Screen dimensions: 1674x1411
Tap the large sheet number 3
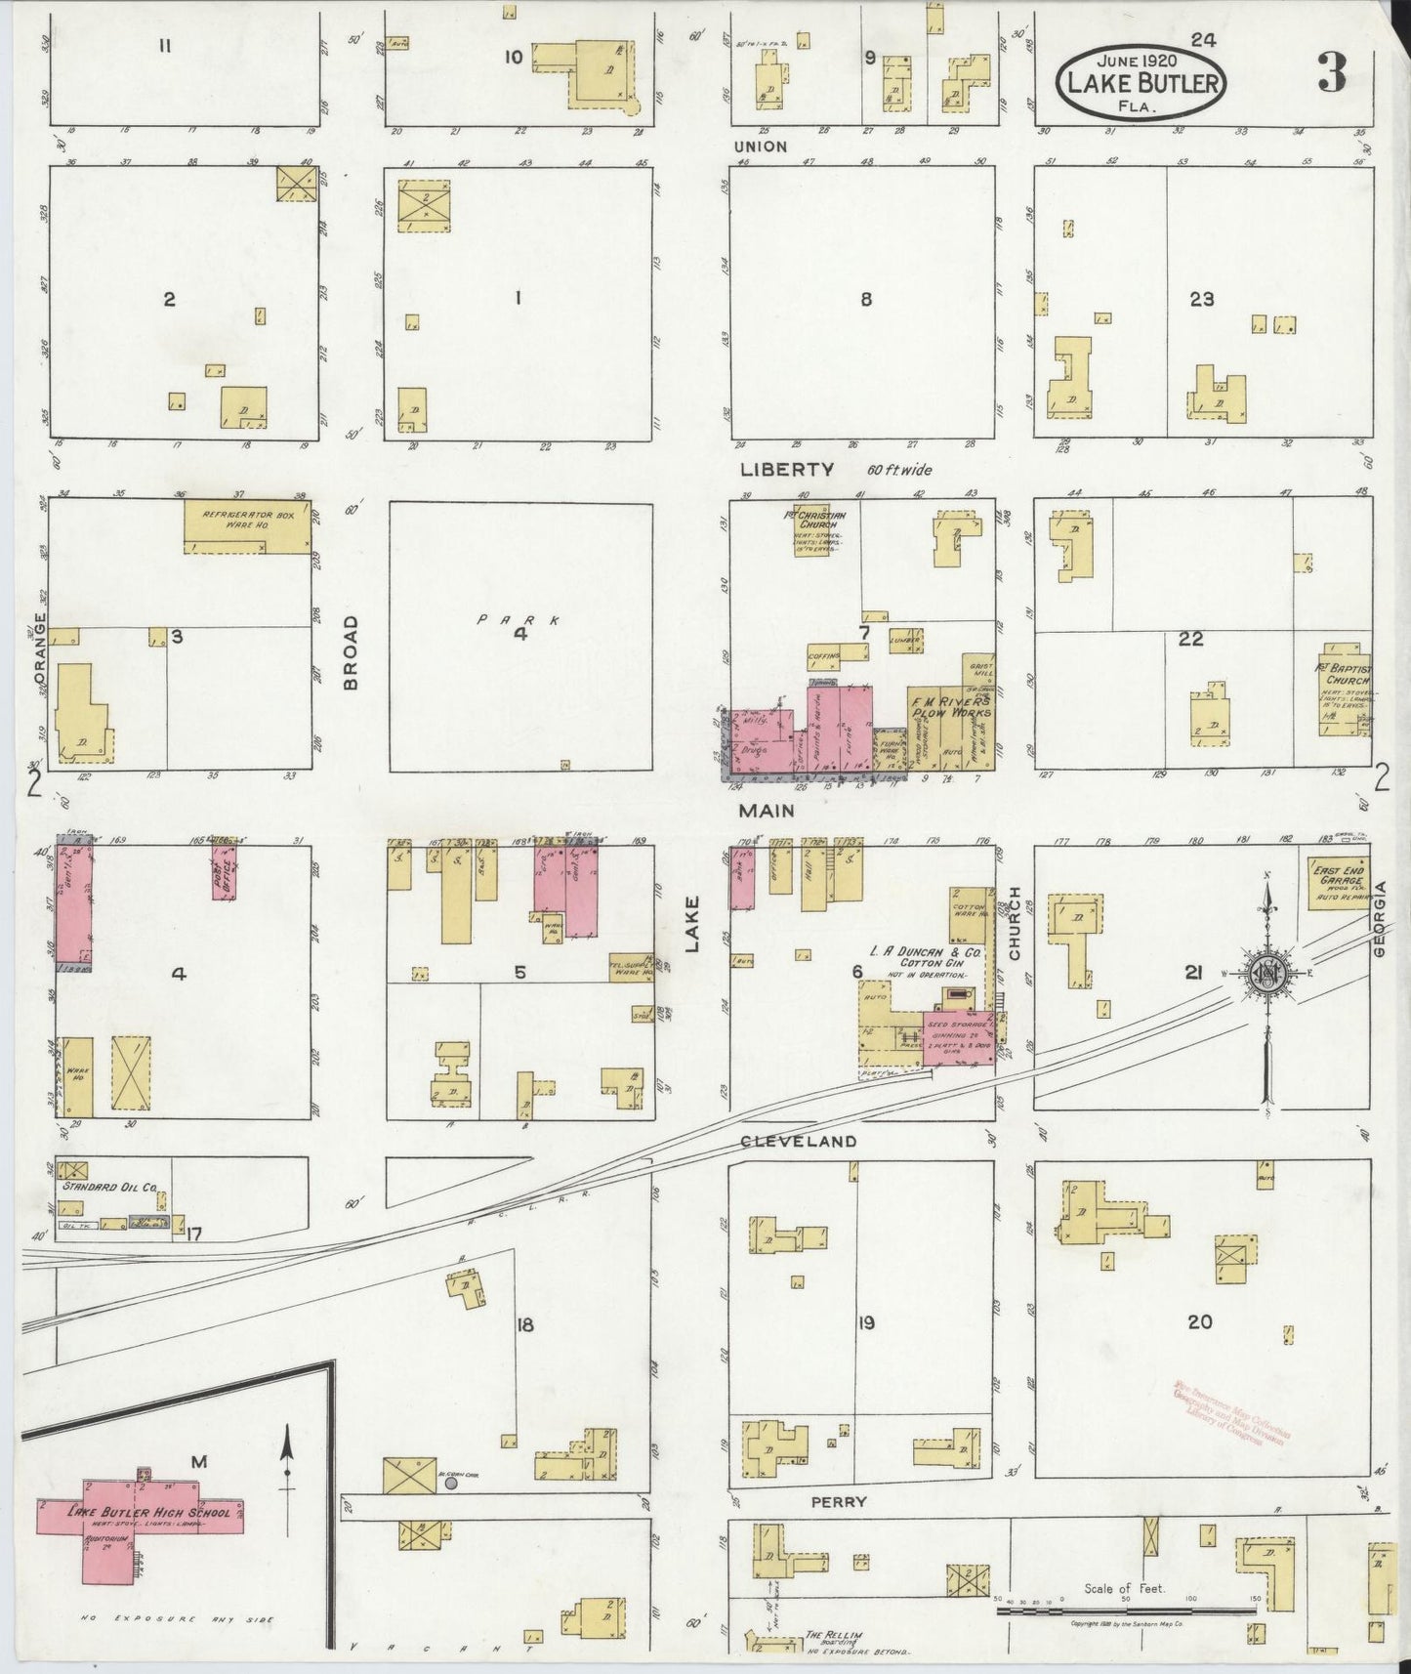tap(1331, 73)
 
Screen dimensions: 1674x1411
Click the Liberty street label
tap(787, 470)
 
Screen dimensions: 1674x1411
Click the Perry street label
tap(838, 1501)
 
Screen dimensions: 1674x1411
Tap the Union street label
tap(761, 146)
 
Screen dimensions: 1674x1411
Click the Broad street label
tap(352, 652)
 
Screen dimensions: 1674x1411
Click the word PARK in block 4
tap(519, 619)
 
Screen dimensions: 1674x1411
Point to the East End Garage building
tap(1339, 882)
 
